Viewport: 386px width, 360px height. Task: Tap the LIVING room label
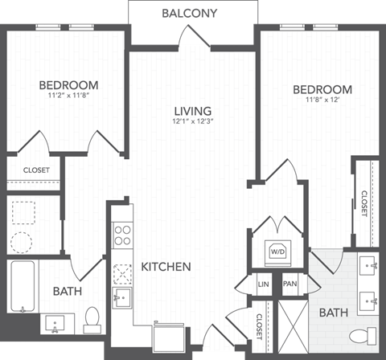pyautogui.click(x=192, y=111)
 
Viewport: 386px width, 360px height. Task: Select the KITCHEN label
pyautogui.click(x=166, y=266)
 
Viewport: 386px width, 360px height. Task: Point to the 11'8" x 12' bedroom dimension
pyautogui.click(x=322, y=100)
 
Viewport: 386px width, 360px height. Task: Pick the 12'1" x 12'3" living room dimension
pyautogui.click(x=192, y=123)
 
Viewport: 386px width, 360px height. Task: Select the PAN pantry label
pyautogui.click(x=289, y=284)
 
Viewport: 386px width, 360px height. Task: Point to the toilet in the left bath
pyautogui.click(x=92, y=317)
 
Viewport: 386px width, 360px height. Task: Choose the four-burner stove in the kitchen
pyautogui.click(x=123, y=234)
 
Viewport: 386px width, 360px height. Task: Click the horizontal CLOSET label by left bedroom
pyautogui.click(x=36, y=170)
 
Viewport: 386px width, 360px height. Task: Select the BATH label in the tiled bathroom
pyautogui.click(x=332, y=312)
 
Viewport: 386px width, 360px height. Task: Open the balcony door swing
pyautogui.click(x=191, y=35)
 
